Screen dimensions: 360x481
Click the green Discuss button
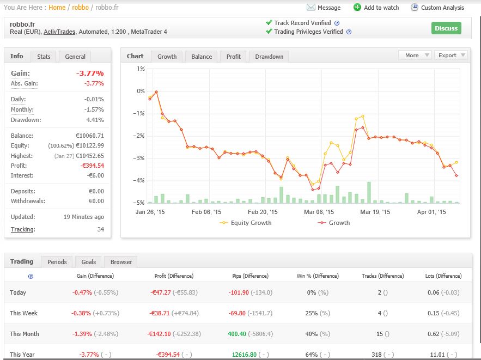pyautogui.click(x=446, y=28)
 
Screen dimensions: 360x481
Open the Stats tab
pyautogui.click(x=44, y=57)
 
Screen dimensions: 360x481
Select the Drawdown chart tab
pyautogui.click(x=269, y=57)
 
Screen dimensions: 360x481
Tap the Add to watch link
pyautogui.click(x=381, y=8)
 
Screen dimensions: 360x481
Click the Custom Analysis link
pyautogui.click(x=442, y=8)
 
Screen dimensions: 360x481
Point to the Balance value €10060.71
pyautogui.click(x=88, y=136)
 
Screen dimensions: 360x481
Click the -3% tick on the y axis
pyautogui.click(x=141, y=158)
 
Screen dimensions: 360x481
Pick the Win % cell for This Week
pyautogui.click(x=315, y=313)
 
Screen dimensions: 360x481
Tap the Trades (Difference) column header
pyautogui.click(x=383, y=276)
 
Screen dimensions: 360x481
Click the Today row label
pyautogui.click(x=18, y=292)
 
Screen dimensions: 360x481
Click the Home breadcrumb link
pyautogui.click(x=57, y=8)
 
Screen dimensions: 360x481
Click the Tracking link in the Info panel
pyautogui.click(x=23, y=229)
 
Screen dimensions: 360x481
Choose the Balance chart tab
pyautogui.click(x=202, y=57)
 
